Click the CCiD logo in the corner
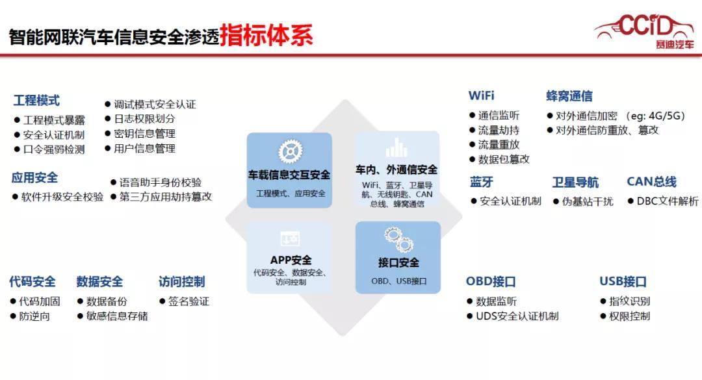click(x=645, y=31)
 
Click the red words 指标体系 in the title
click(x=266, y=35)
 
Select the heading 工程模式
click(x=36, y=101)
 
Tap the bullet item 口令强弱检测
click(x=49, y=149)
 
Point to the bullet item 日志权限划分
click(x=140, y=119)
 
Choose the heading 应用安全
click(x=34, y=178)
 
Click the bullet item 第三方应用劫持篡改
click(x=161, y=196)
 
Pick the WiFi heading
click(x=481, y=95)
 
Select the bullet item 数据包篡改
click(x=499, y=159)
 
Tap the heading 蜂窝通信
click(x=569, y=96)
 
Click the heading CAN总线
click(x=651, y=182)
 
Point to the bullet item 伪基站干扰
click(x=583, y=201)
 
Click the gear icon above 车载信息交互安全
click(x=290, y=151)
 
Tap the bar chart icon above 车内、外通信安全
click(x=396, y=147)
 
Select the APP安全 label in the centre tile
click(x=291, y=260)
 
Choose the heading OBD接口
click(x=491, y=281)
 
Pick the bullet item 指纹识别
click(x=625, y=301)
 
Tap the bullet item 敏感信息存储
click(x=112, y=316)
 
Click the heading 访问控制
click(x=181, y=281)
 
